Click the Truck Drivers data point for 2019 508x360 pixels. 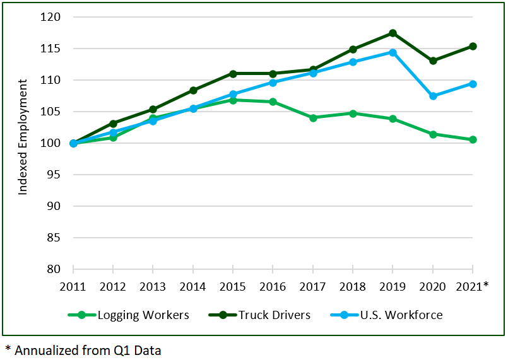click(393, 33)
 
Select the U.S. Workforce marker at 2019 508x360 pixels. click(393, 52)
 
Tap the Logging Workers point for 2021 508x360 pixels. click(473, 139)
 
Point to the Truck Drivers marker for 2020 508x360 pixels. click(433, 61)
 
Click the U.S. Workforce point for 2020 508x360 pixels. click(433, 96)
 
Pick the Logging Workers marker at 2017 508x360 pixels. click(313, 117)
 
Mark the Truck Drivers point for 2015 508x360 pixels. click(233, 74)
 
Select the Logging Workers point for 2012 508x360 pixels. click(113, 137)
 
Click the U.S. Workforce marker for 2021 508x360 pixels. click(473, 84)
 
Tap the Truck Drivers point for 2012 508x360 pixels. click(113, 124)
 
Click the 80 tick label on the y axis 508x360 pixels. click(54, 269)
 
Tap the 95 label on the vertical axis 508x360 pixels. click(54, 175)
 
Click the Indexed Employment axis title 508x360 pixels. click(23, 137)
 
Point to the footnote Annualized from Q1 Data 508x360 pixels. click(83, 350)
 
